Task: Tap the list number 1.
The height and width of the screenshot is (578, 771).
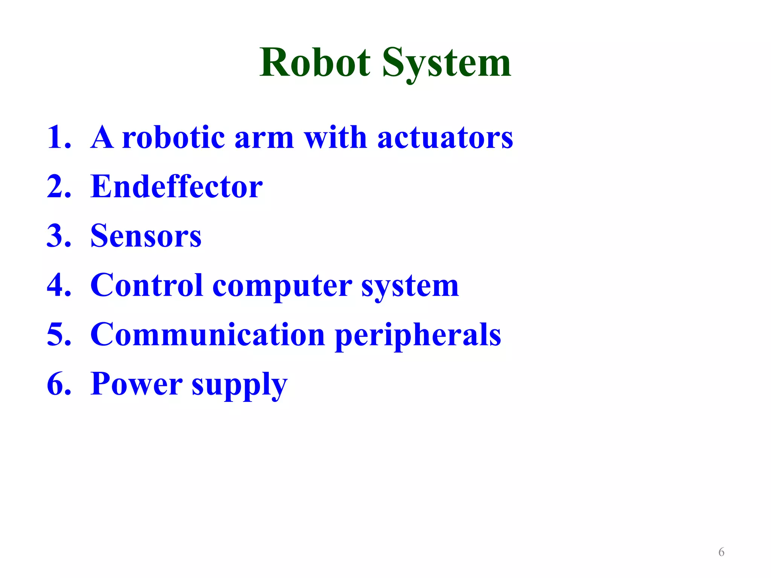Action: click(x=58, y=137)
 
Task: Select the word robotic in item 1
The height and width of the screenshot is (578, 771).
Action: click(x=174, y=137)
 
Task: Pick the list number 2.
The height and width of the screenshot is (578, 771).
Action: click(x=58, y=187)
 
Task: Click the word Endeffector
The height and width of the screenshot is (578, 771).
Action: click(x=177, y=187)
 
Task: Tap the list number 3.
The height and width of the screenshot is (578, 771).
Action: click(x=58, y=236)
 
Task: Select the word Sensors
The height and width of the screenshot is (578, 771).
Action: click(x=146, y=236)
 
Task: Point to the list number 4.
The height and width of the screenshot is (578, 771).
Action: click(x=58, y=285)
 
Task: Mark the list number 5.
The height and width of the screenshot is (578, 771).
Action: click(x=58, y=335)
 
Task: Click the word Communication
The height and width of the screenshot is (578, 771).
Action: click(x=208, y=335)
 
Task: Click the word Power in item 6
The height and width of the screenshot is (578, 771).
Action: click(x=136, y=384)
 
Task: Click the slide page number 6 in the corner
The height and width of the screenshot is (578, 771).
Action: click(x=721, y=552)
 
